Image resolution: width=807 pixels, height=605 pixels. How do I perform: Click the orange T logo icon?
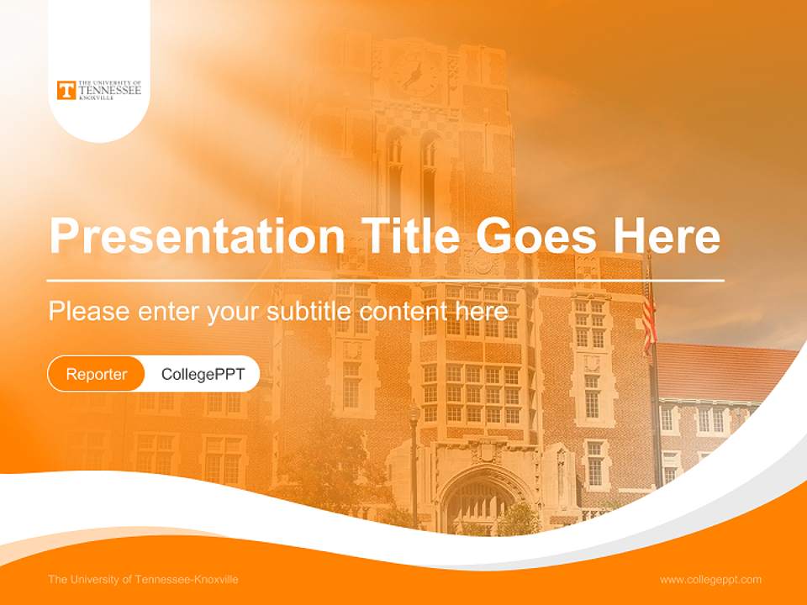pyautogui.click(x=66, y=90)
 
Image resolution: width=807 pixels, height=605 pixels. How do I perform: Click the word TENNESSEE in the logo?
pyautogui.click(x=110, y=90)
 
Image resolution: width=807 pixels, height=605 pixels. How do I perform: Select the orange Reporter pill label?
pyautogui.click(x=97, y=374)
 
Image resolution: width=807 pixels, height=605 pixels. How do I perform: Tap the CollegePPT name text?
pyautogui.click(x=203, y=374)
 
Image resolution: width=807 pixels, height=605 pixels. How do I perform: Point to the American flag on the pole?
pyautogui.click(x=649, y=324)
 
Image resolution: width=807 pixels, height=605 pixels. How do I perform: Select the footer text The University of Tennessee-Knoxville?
pyautogui.click(x=143, y=579)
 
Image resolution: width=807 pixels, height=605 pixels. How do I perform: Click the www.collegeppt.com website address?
pyautogui.click(x=710, y=579)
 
